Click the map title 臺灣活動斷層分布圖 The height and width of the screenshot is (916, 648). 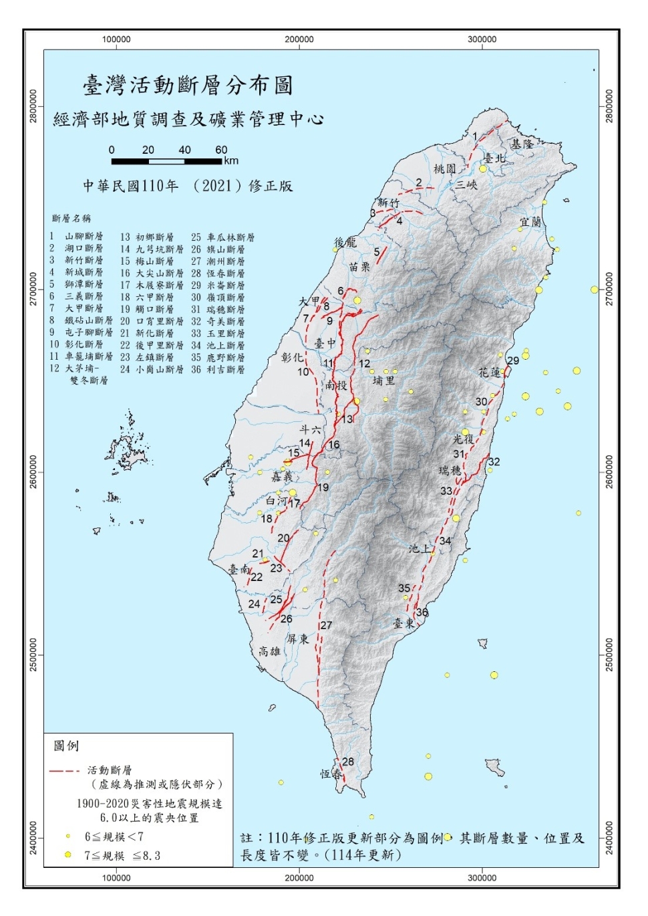188,86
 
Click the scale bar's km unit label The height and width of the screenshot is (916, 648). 231,160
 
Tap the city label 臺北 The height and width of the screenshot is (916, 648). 495,158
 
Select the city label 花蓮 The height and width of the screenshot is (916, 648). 490,372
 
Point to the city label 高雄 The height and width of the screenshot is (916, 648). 270,651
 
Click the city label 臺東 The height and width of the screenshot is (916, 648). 403,623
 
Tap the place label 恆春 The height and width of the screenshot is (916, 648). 331,774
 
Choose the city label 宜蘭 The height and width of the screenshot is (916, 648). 530,221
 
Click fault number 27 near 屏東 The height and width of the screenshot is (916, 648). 326,625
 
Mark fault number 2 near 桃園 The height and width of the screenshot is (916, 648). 419,183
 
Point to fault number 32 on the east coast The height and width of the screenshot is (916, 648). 494,462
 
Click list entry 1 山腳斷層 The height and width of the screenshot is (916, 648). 77,236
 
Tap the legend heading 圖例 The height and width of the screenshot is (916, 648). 66,746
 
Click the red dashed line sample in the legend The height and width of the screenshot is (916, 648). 64,771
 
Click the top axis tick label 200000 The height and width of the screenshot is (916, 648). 299,39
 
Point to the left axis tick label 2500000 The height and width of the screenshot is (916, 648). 33,655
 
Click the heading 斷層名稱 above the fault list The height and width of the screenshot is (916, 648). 71,219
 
